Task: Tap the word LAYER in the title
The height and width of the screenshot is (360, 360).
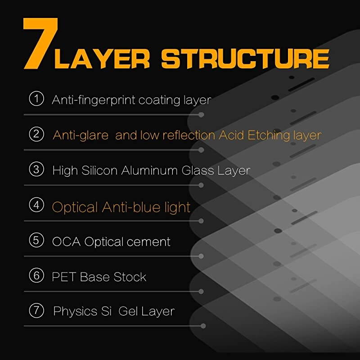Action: (x=102, y=59)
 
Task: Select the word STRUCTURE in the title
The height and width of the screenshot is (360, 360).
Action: (x=245, y=59)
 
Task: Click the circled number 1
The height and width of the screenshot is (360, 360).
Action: (x=36, y=99)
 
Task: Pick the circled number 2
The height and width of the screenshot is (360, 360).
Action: (x=36, y=134)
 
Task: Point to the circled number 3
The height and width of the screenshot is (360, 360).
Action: (x=36, y=169)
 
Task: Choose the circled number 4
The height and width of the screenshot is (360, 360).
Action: (x=36, y=205)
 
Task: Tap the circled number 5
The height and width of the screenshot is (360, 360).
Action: (x=36, y=240)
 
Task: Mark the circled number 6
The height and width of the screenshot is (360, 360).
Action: (x=36, y=275)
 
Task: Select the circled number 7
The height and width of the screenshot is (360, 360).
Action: (x=36, y=310)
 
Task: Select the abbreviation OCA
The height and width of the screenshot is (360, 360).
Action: (x=66, y=242)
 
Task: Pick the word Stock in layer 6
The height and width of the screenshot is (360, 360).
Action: (x=130, y=277)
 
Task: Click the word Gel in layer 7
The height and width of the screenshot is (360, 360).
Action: (x=128, y=311)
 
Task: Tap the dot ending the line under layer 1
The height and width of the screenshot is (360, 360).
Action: (x=201, y=115)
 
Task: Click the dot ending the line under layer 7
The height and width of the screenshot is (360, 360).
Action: (x=203, y=326)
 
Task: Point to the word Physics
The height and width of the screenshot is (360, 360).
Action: (x=75, y=312)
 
